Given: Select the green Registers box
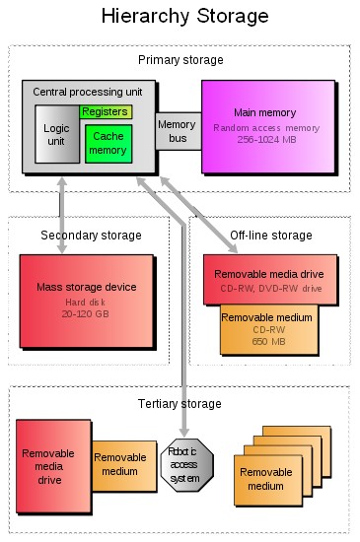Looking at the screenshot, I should point(106,111).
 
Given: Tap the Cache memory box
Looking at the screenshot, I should point(108,144).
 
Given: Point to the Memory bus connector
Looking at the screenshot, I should point(178,130).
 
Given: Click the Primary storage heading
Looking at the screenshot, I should point(180,60).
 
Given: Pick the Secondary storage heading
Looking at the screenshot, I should point(91,235).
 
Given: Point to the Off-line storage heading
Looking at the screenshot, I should point(270,235).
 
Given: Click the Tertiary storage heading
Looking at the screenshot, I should point(180,404).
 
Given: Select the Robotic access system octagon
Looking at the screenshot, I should point(185,464).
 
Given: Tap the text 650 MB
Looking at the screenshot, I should point(266,341).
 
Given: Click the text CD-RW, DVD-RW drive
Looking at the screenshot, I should point(270,288).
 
